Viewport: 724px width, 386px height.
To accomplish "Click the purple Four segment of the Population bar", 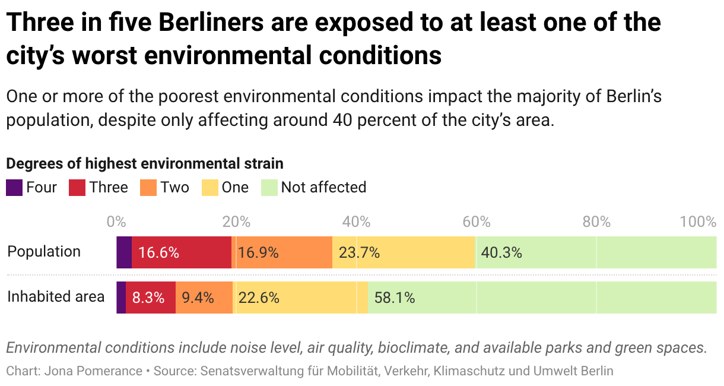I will (x=124, y=252).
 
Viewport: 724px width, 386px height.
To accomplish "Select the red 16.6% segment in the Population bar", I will (x=181, y=252).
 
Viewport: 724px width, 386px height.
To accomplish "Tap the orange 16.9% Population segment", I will (x=282, y=252).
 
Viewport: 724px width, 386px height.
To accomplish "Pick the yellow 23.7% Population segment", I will (x=404, y=252).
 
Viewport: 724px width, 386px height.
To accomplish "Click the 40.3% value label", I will (x=501, y=252).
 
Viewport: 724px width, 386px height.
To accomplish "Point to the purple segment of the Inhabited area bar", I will (x=121, y=297).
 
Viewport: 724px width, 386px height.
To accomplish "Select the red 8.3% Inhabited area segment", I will (x=151, y=297).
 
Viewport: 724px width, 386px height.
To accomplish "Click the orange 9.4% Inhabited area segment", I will (x=204, y=297).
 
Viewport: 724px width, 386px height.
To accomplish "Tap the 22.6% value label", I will (x=259, y=298).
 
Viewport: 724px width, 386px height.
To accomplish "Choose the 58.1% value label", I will (x=395, y=298).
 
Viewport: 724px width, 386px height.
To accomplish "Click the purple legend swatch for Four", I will (x=14, y=188).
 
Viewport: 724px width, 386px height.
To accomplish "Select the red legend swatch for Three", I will (x=78, y=188).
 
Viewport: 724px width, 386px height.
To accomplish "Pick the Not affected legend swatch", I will (x=269, y=188).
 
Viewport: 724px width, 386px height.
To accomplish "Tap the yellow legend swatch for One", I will (x=210, y=188).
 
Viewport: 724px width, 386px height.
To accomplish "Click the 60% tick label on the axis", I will (x=477, y=222).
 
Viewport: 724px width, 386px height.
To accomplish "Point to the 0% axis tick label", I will (x=116, y=222).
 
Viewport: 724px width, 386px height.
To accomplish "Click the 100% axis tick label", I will (x=698, y=222).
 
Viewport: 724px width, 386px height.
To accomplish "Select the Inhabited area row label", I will (x=56, y=296).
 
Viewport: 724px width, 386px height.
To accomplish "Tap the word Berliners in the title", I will (x=213, y=23).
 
